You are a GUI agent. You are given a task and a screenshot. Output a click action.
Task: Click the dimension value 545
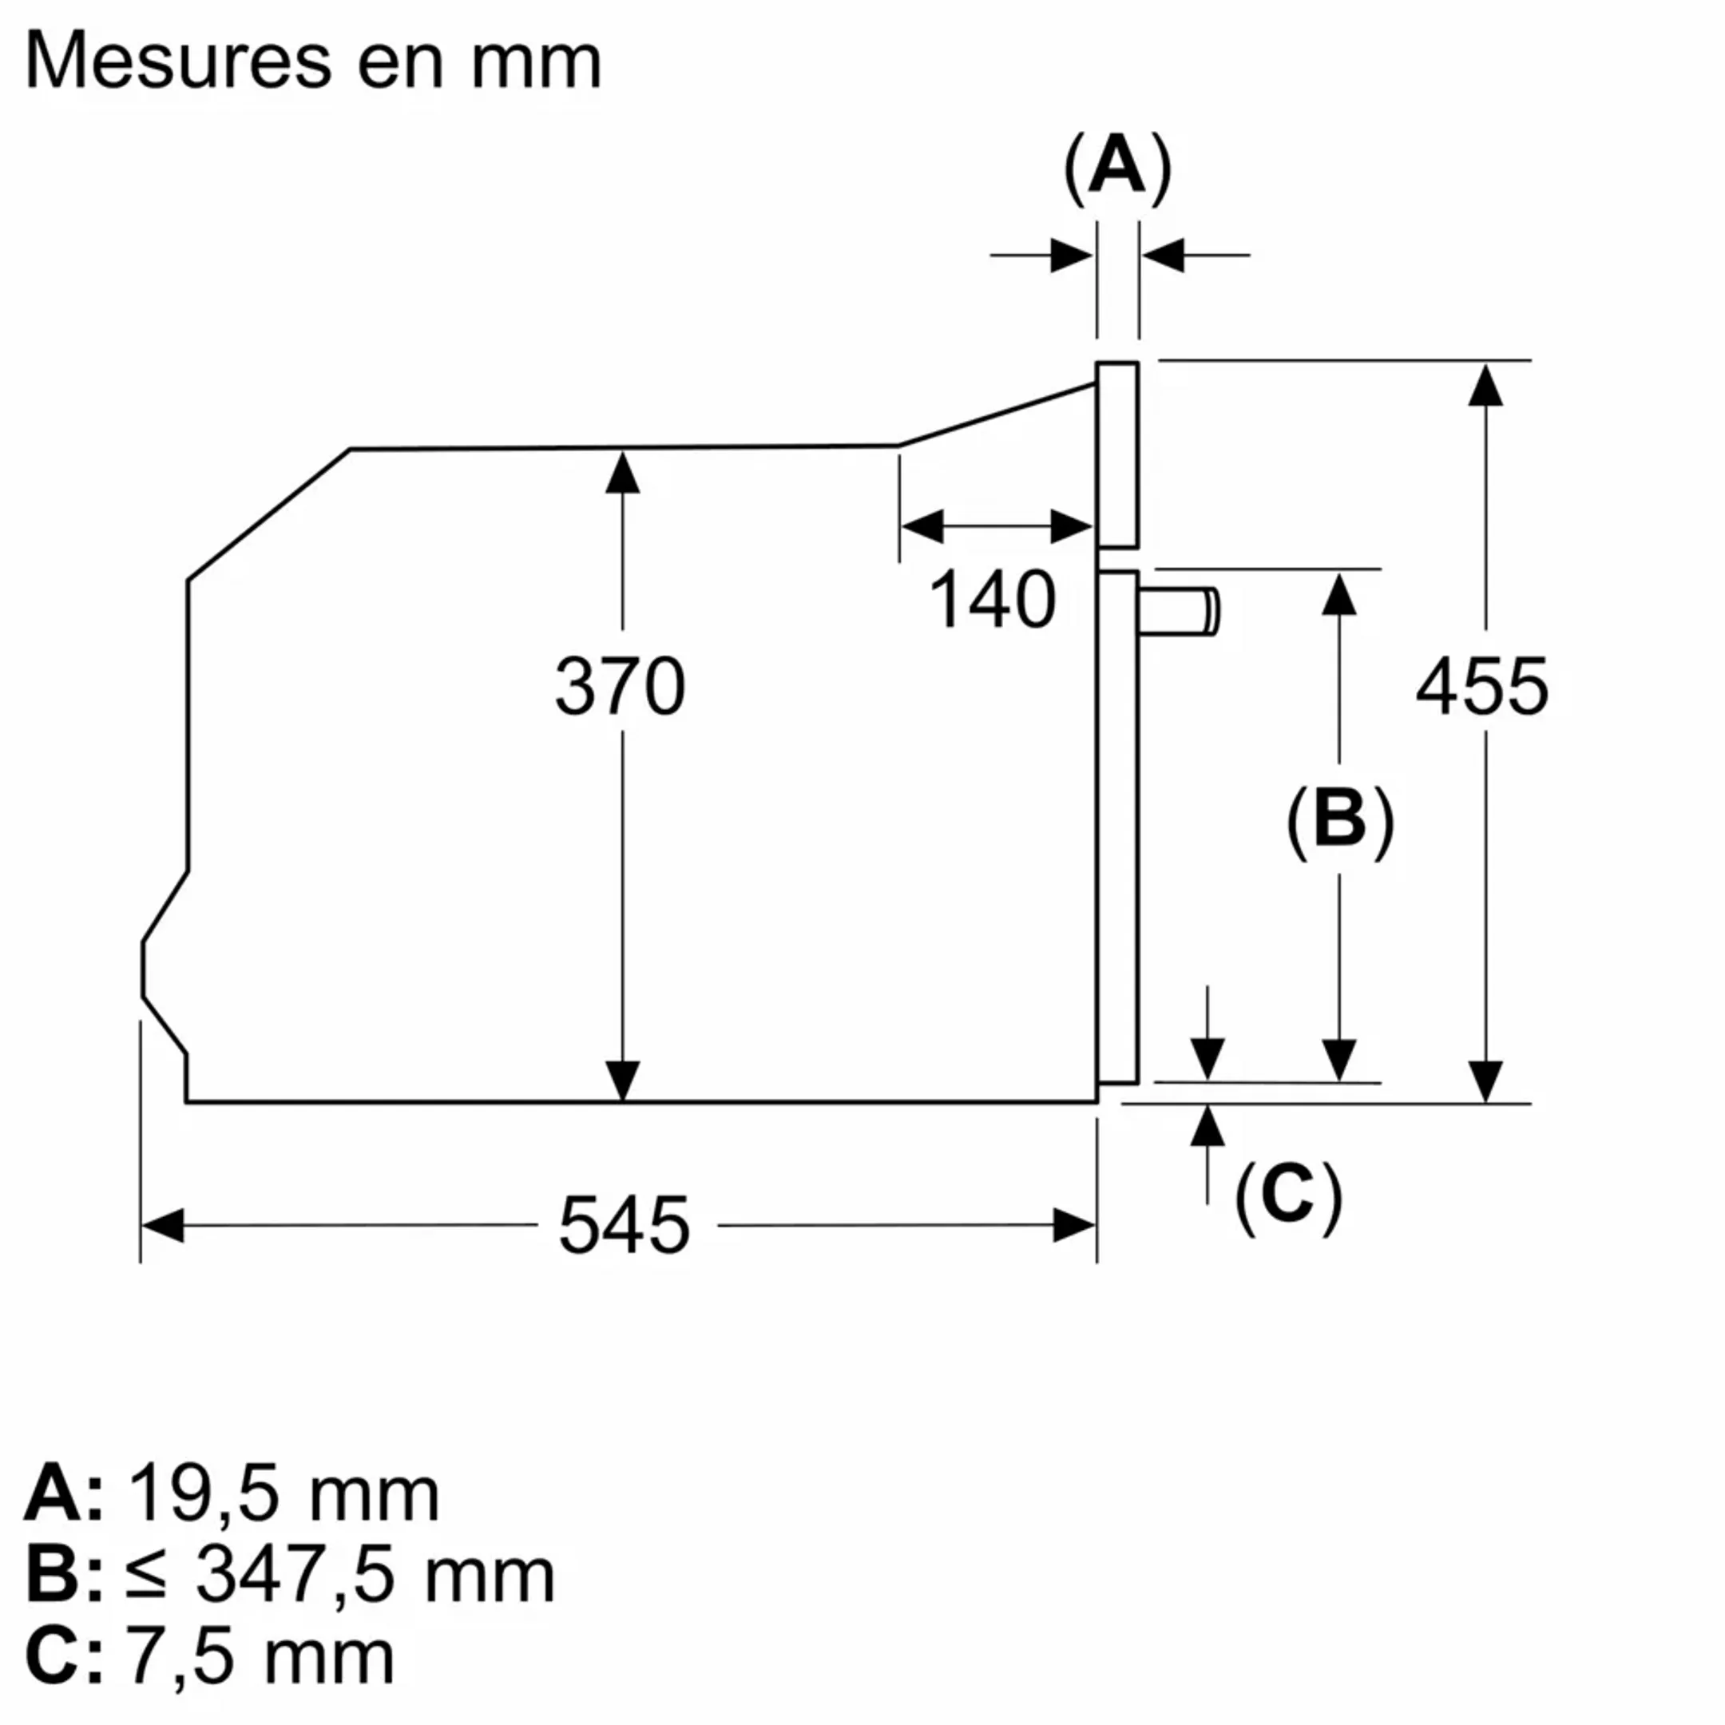[624, 1226]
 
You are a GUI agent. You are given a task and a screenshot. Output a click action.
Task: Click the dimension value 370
[621, 686]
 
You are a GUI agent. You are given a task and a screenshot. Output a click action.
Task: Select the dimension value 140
[993, 600]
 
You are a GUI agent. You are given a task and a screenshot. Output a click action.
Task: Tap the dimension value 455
[1483, 686]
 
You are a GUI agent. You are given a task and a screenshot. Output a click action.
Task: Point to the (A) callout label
[1117, 167]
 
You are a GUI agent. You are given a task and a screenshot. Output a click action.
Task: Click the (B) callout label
[1339, 820]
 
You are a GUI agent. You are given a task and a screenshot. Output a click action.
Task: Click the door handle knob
[1179, 613]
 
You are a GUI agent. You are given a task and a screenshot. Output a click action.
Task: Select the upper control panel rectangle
[1118, 454]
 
